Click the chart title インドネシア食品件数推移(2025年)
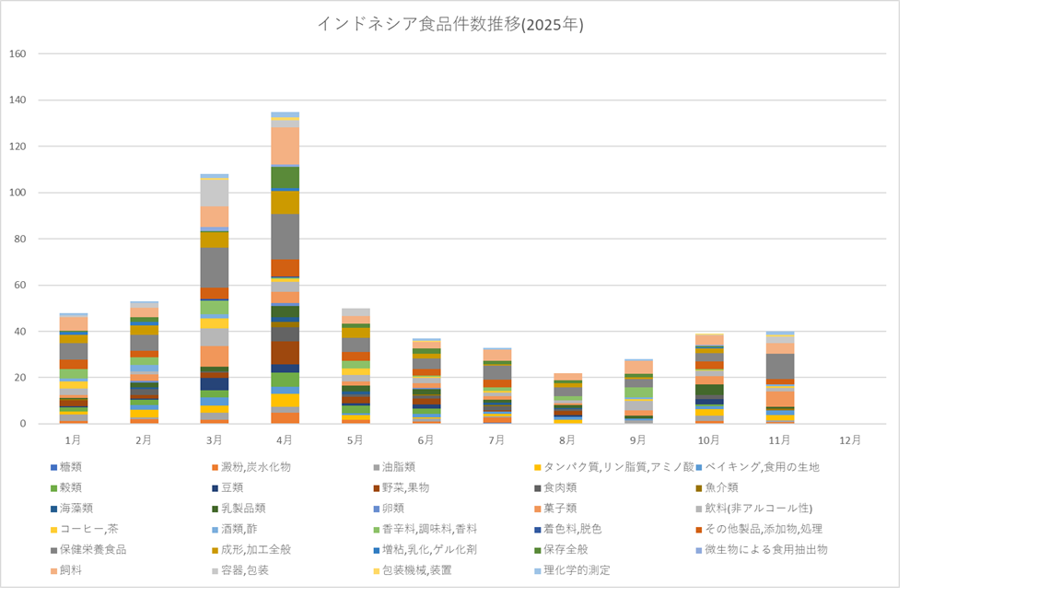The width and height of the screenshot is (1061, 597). click(449, 25)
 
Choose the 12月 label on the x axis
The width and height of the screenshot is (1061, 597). click(851, 440)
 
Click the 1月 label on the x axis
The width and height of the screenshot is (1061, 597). click(73, 440)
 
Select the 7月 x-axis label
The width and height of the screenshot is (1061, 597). click(497, 440)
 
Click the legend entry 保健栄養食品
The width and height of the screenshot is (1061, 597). click(94, 549)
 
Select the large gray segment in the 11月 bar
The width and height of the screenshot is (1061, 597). click(780, 366)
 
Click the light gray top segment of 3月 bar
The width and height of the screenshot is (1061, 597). click(214, 193)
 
